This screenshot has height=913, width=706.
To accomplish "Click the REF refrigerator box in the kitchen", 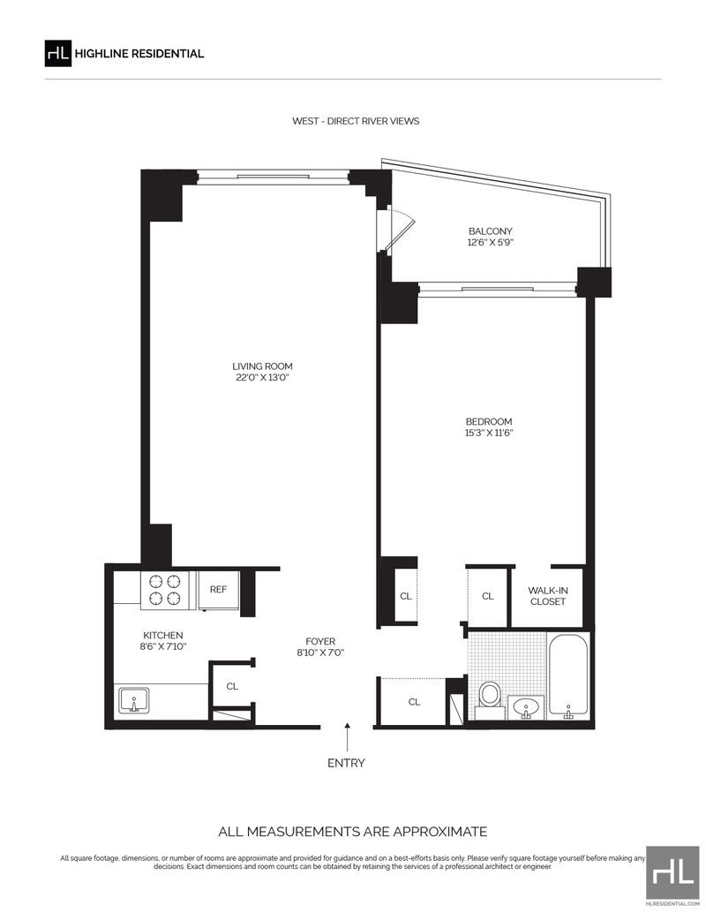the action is (x=218, y=590).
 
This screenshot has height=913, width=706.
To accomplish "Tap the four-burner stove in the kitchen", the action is (x=165, y=590).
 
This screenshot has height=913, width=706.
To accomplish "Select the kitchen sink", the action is (x=134, y=700).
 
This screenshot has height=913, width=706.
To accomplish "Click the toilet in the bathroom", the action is (x=490, y=698).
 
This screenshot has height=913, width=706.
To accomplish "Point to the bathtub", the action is (x=568, y=676).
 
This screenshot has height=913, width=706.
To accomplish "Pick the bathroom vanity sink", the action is (x=526, y=707).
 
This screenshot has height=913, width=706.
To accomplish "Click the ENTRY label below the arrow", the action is (x=346, y=763).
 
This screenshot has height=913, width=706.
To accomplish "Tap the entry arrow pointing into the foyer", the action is (x=348, y=737).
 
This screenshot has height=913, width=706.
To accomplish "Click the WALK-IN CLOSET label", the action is (x=548, y=596).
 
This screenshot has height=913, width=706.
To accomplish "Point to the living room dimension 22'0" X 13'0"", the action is (x=262, y=377).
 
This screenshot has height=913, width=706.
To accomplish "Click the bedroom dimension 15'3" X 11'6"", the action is (x=488, y=433).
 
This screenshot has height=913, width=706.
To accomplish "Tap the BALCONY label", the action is (x=490, y=231).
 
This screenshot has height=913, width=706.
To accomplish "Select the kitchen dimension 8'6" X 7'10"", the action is (x=163, y=646).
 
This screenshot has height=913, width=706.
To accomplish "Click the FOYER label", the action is (x=320, y=642).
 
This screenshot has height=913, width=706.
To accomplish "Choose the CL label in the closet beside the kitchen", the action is (x=232, y=686).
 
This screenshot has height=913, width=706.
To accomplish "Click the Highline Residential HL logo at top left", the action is (x=58, y=54).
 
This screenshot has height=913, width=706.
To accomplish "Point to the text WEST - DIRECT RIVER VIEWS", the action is (x=356, y=121).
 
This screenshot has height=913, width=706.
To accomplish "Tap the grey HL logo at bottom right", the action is (x=672, y=872).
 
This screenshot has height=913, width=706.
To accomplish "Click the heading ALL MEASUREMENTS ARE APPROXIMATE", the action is (x=353, y=832).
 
